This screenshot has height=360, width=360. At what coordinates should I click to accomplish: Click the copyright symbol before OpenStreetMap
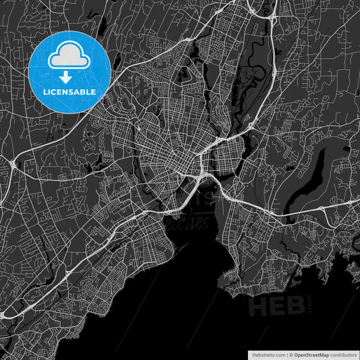[290, 354]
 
